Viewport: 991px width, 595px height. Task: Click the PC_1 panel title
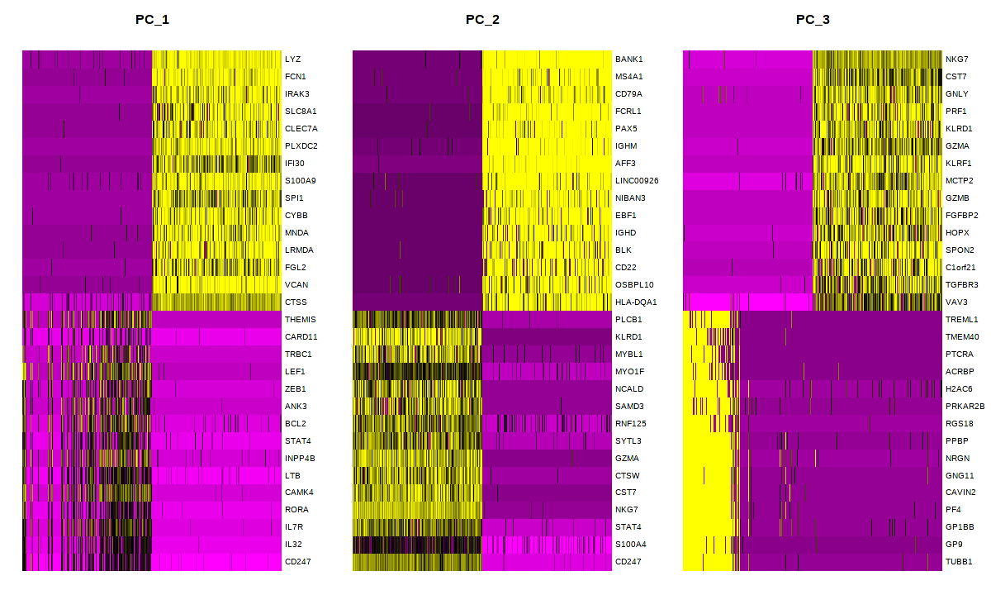(152, 19)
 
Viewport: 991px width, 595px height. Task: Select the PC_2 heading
(482, 19)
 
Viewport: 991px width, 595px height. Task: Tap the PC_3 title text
(813, 19)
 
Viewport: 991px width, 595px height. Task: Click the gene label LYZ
(292, 59)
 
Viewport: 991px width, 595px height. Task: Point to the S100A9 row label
(298, 180)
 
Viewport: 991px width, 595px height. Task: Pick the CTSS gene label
(296, 302)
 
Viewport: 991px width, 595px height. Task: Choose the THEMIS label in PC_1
(300, 319)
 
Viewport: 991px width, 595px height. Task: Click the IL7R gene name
(294, 526)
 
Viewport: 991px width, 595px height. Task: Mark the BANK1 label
(628, 59)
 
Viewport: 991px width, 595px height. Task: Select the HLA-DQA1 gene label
(634, 302)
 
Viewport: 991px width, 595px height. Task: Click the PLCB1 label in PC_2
(628, 319)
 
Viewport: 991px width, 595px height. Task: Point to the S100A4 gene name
(631, 544)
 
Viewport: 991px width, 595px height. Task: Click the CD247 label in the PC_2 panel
(628, 561)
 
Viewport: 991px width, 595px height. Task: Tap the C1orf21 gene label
(961, 267)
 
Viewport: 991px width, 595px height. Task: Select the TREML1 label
(961, 319)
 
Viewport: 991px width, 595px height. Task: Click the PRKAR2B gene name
(965, 406)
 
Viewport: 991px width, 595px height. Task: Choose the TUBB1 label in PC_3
(959, 561)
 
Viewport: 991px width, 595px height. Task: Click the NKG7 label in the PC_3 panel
(957, 59)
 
